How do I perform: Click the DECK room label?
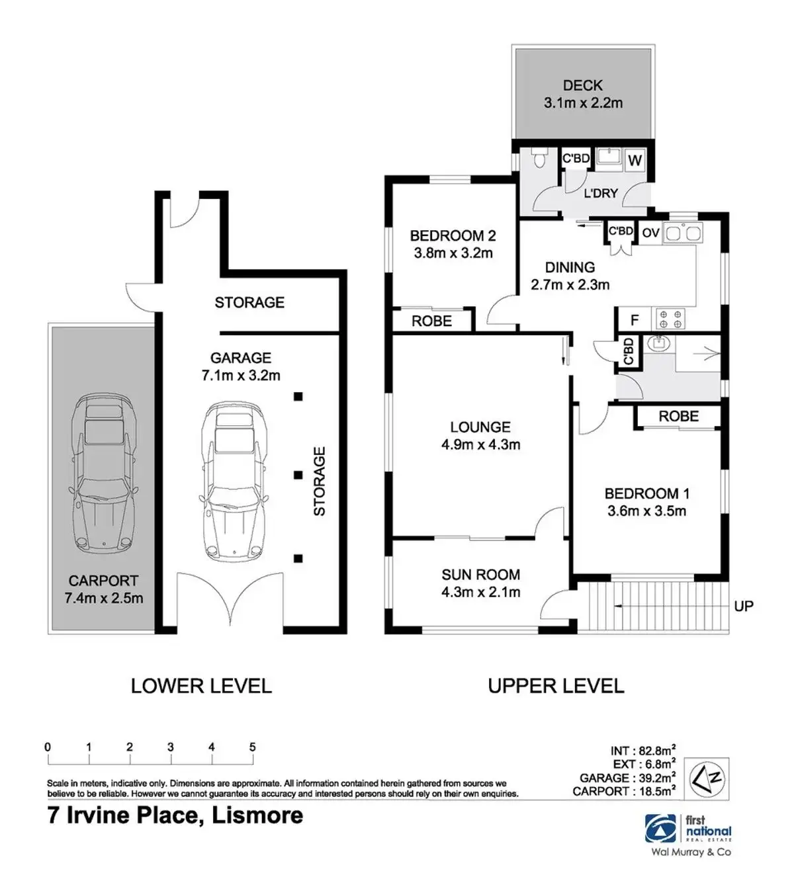point(583,85)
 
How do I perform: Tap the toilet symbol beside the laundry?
point(538,157)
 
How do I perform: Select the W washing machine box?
point(635,160)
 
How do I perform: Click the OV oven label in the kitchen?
point(650,232)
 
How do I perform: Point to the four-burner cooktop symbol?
point(670,319)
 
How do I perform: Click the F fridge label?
point(634,320)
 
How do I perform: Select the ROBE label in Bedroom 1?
point(678,416)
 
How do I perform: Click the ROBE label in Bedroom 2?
point(431,321)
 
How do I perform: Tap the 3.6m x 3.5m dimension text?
point(647,511)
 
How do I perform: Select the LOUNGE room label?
point(480,427)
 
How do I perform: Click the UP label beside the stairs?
point(744,606)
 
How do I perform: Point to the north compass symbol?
point(707,779)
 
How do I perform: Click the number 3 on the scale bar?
point(171,747)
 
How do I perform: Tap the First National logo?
point(688,828)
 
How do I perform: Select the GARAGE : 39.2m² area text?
point(628,778)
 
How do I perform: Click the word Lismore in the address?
point(257,816)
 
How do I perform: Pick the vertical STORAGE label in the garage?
point(320,481)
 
